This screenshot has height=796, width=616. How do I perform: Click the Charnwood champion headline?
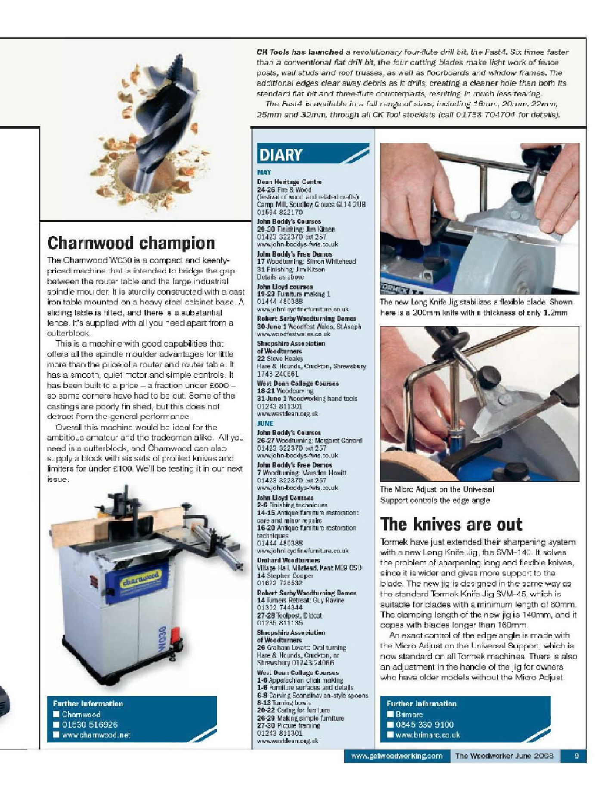[131, 243]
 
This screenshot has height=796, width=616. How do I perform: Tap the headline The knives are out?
[451, 524]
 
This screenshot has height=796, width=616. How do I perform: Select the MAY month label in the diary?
[264, 172]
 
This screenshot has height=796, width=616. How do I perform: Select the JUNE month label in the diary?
[265, 423]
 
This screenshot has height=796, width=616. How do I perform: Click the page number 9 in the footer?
[576, 756]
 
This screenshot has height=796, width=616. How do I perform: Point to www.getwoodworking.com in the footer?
[396, 756]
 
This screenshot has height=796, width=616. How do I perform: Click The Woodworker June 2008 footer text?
[504, 756]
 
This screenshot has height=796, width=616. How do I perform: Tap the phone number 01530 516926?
[90, 725]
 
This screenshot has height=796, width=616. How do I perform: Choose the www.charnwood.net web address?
[96, 735]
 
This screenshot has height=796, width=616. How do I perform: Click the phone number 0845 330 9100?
[424, 725]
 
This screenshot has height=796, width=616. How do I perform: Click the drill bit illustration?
[146, 129]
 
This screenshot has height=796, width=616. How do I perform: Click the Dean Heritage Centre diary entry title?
[289, 182]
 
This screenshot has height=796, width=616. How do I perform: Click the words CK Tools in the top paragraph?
[273, 52]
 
